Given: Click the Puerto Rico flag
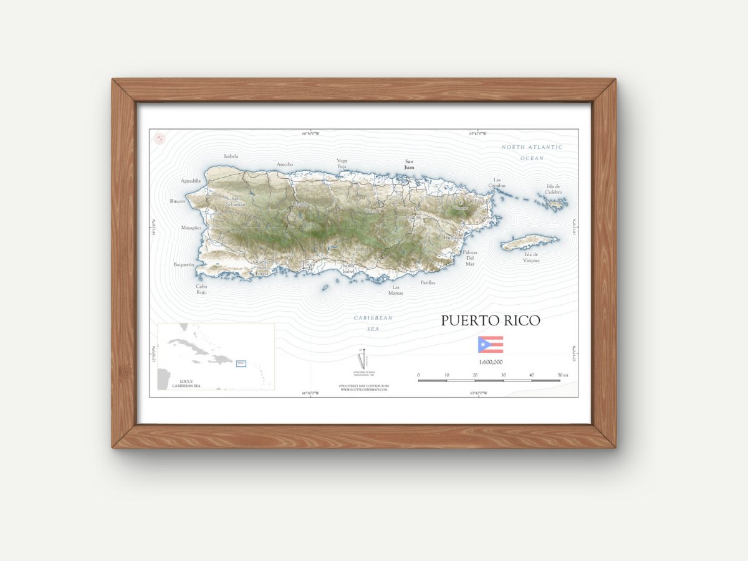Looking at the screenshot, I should point(490,345).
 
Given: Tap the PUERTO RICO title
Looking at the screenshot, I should point(491,320).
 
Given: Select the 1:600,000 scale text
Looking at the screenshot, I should point(491,362).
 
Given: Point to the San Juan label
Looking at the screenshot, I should point(410,165).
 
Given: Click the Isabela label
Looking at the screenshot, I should point(231,156).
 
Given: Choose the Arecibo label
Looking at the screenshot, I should point(285,165).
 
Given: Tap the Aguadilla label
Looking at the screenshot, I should point(191,181).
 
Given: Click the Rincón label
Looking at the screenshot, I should point(178,201).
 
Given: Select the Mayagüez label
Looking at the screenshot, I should point(192,228).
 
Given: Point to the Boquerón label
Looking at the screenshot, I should point(184,265).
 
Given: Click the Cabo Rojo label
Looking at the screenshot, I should point(201,289).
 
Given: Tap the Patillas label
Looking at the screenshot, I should point(428,282).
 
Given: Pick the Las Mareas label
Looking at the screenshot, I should point(396,290).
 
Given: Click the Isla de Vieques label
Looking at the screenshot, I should point(532,257).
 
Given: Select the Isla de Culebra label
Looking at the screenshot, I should point(554,189).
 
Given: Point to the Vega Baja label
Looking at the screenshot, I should point(342,163).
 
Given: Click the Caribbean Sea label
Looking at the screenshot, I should point(373,323).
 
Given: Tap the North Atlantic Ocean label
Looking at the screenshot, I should point(532,153).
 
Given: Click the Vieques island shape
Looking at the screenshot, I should point(529,242).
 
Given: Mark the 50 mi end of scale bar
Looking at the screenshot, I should point(560,380).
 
